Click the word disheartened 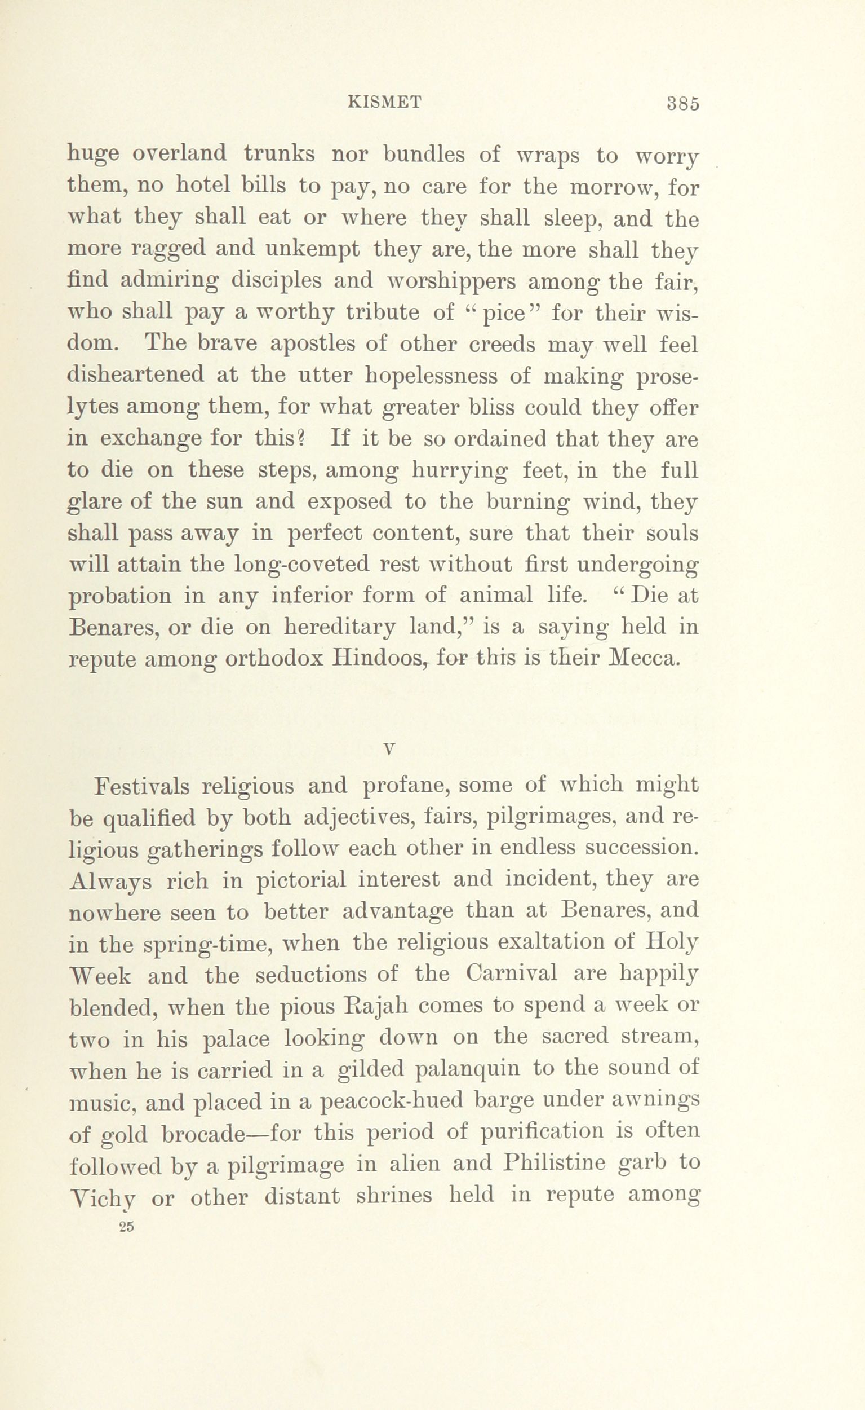136,376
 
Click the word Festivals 141,786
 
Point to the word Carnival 512,975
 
